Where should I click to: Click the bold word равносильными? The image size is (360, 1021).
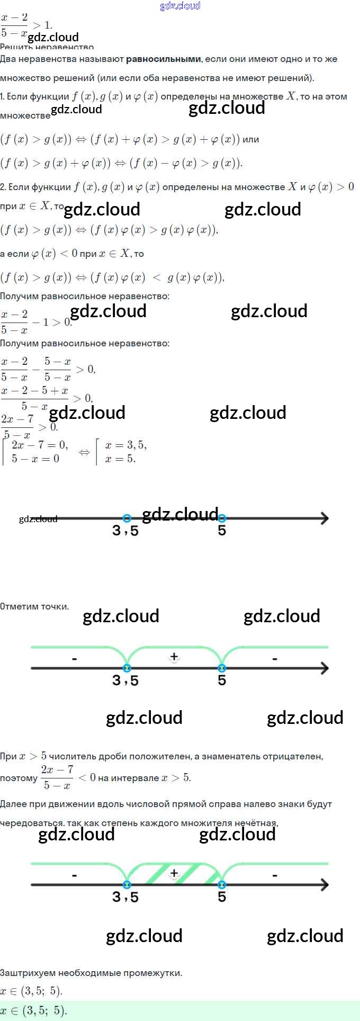(164, 59)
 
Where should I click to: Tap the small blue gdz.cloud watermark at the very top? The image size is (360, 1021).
(180, 6)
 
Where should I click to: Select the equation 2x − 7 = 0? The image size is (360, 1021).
(40, 444)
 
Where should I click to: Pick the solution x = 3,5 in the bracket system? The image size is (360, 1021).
(126, 445)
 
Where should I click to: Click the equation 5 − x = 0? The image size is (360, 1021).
(35, 459)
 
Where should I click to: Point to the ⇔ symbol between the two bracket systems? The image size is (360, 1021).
(84, 452)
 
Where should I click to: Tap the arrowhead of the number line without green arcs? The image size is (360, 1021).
(324, 518)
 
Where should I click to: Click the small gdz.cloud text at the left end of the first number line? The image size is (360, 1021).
(38, 519)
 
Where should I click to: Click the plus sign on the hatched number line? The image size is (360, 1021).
(174, 873)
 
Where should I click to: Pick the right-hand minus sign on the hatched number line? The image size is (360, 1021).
(275, 875)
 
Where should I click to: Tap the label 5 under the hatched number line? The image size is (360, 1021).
(222, 897)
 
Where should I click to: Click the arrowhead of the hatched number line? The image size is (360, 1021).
(324, 884)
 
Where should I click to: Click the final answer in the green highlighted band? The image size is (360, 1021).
(34, 1011)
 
